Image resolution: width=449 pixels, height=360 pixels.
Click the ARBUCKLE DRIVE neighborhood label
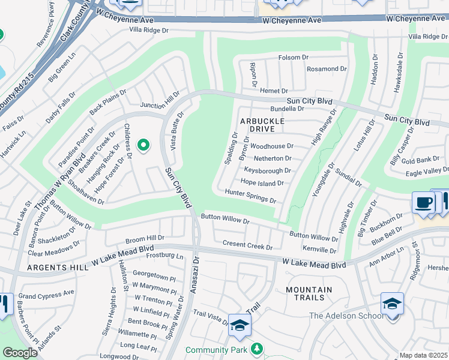pos(261,125)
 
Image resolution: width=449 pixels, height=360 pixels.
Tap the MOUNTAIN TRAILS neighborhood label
pos(309,293)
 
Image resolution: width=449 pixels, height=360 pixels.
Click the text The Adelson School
pos(346,316)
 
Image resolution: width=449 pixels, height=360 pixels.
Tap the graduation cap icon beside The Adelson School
pos(392,304)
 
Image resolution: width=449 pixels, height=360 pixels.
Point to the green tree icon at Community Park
pos(257,349)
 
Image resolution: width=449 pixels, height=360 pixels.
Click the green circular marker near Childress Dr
pos(143,145)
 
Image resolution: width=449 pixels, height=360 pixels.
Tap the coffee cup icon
pos(423,203)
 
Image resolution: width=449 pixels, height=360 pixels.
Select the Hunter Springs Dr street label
pos(250,195)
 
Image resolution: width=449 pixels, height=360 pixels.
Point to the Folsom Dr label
pos(293,58)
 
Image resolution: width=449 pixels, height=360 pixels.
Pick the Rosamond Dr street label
pos(327,69)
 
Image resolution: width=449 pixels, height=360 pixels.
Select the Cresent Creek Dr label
pos(247,245)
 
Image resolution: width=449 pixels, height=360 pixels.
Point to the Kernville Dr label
pos(319,250)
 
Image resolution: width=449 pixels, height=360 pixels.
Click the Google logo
pos(20,353)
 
